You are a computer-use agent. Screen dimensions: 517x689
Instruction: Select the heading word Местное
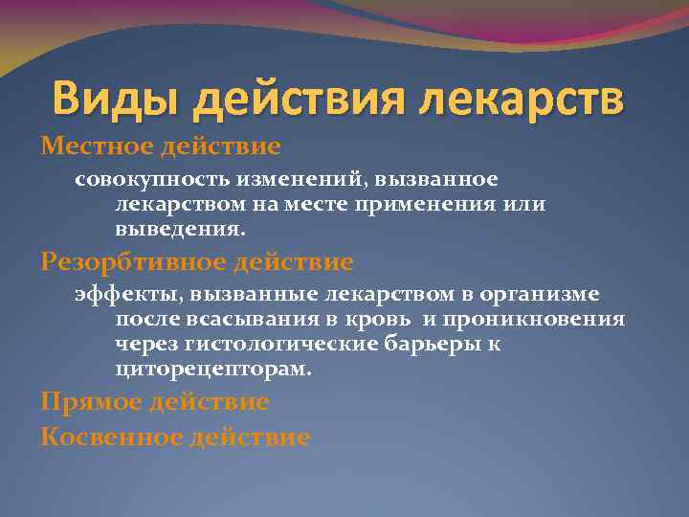coord(94,146)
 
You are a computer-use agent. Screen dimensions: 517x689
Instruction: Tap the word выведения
coord(180,231)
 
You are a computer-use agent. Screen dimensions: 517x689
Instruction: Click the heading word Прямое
coord(90,401)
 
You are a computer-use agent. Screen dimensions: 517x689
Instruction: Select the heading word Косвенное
coord(106,438)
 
